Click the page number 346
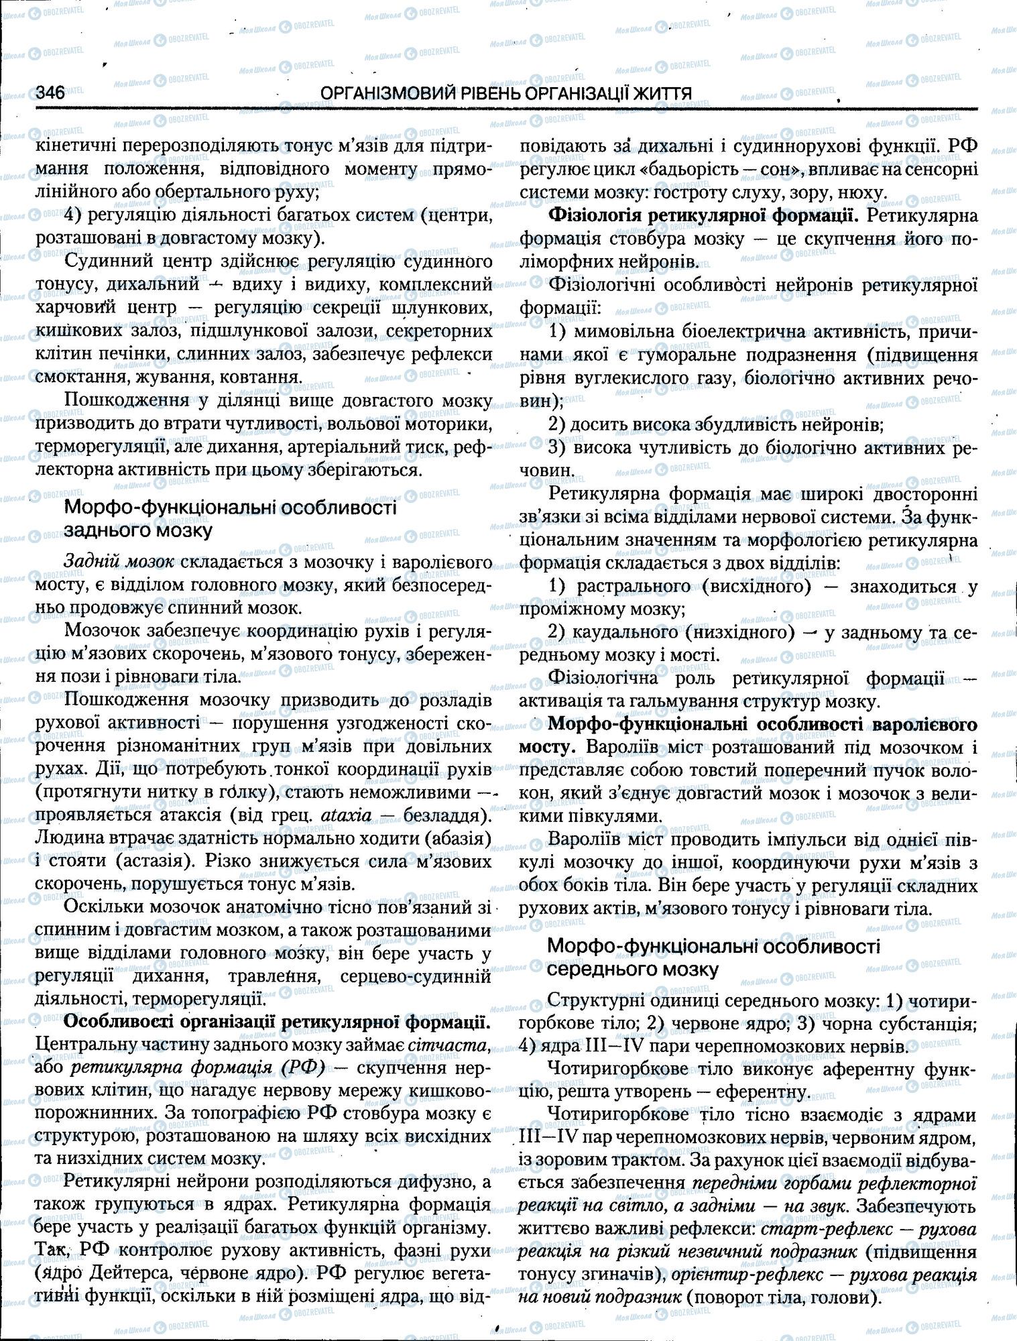click(x=50, y=93)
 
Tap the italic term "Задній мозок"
click(x=119, y=562)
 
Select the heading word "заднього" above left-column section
click(x=107, y=531)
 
